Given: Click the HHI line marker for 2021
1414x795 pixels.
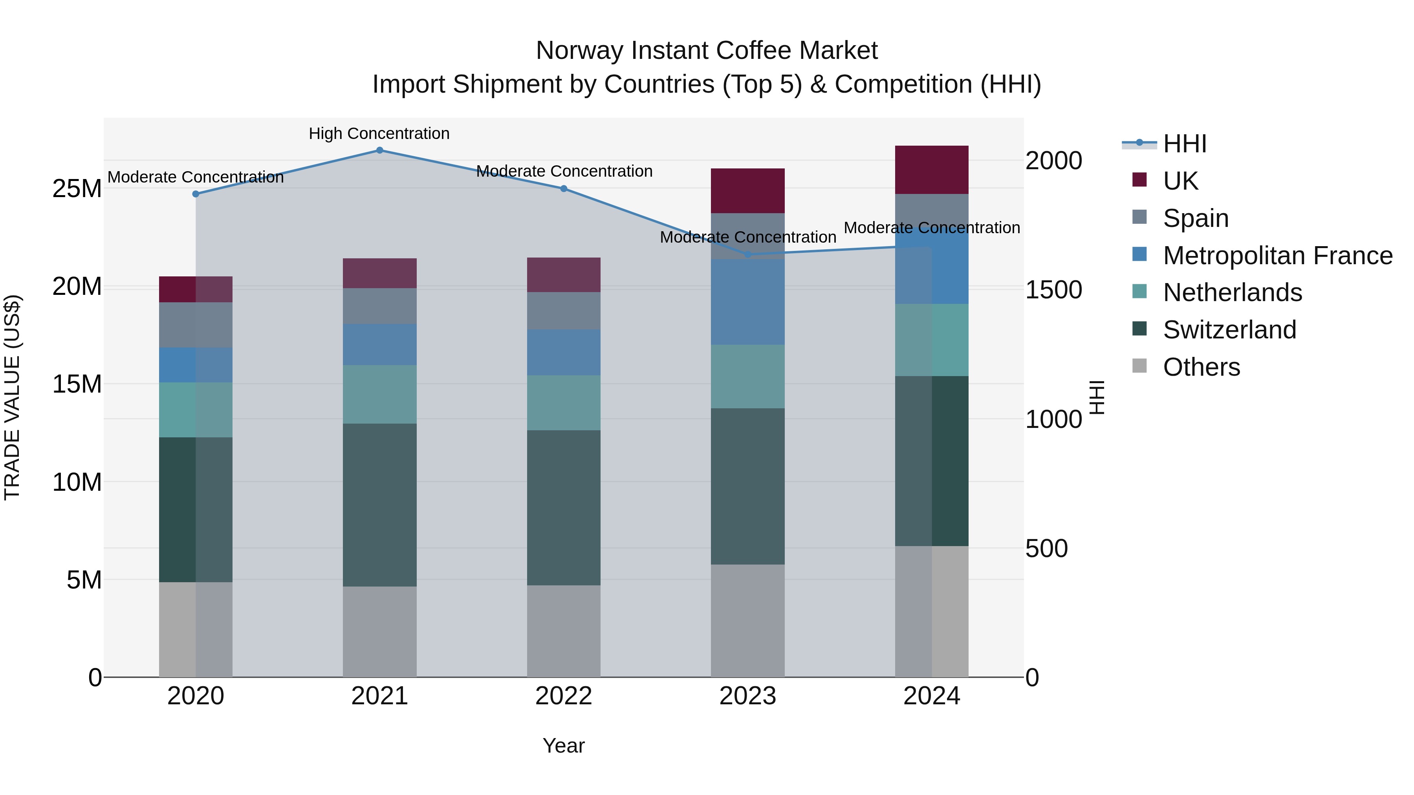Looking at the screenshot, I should point(379,150).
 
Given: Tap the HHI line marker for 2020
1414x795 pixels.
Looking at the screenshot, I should point(196,194).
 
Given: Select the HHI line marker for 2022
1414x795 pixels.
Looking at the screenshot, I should point(564,189).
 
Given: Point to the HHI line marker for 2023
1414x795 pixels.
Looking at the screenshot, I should point(747,254).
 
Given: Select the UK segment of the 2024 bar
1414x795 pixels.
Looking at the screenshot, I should point(932,170).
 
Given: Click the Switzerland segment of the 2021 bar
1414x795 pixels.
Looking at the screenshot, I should point(379,505).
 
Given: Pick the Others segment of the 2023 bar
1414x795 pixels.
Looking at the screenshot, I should point(747,621).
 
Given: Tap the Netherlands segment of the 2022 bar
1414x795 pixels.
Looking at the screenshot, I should point(564,403).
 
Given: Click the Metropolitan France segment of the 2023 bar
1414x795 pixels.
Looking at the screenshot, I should point(747,302).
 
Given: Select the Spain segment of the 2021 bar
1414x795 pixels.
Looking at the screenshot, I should point(379,306).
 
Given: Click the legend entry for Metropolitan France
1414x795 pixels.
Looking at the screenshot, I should point(1277,256).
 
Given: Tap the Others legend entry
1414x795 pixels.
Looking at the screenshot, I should point(1201,367).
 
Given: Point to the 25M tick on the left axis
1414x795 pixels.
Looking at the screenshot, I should point(77,189).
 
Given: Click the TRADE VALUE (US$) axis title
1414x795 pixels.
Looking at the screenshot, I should point(12,397).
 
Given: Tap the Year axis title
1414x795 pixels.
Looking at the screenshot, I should point(564,746).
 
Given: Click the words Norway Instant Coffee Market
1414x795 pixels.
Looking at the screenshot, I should point(707,51).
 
